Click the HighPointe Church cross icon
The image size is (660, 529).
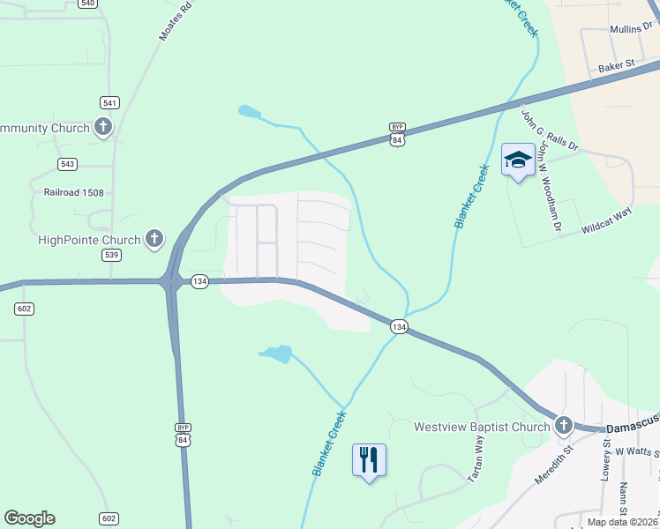pos(154,239)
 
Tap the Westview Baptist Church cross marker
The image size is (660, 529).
pos(564,427)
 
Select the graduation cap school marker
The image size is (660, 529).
pos(518,160)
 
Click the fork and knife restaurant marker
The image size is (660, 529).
pos(369,459)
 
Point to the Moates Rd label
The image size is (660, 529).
pos(175,20)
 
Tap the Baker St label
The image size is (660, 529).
pos(617,65)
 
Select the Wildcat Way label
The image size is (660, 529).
pos(608,222)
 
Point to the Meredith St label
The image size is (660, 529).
pos(554,466)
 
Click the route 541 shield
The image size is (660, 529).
pos(110,102)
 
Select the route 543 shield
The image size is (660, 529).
pos(68,164)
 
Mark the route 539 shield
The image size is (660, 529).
pos(111,255)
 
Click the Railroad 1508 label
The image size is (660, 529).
pos(74,190)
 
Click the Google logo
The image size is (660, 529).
pos(29,518)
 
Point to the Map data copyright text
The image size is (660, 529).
pos(622,522)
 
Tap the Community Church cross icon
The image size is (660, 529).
pos(103,128)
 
